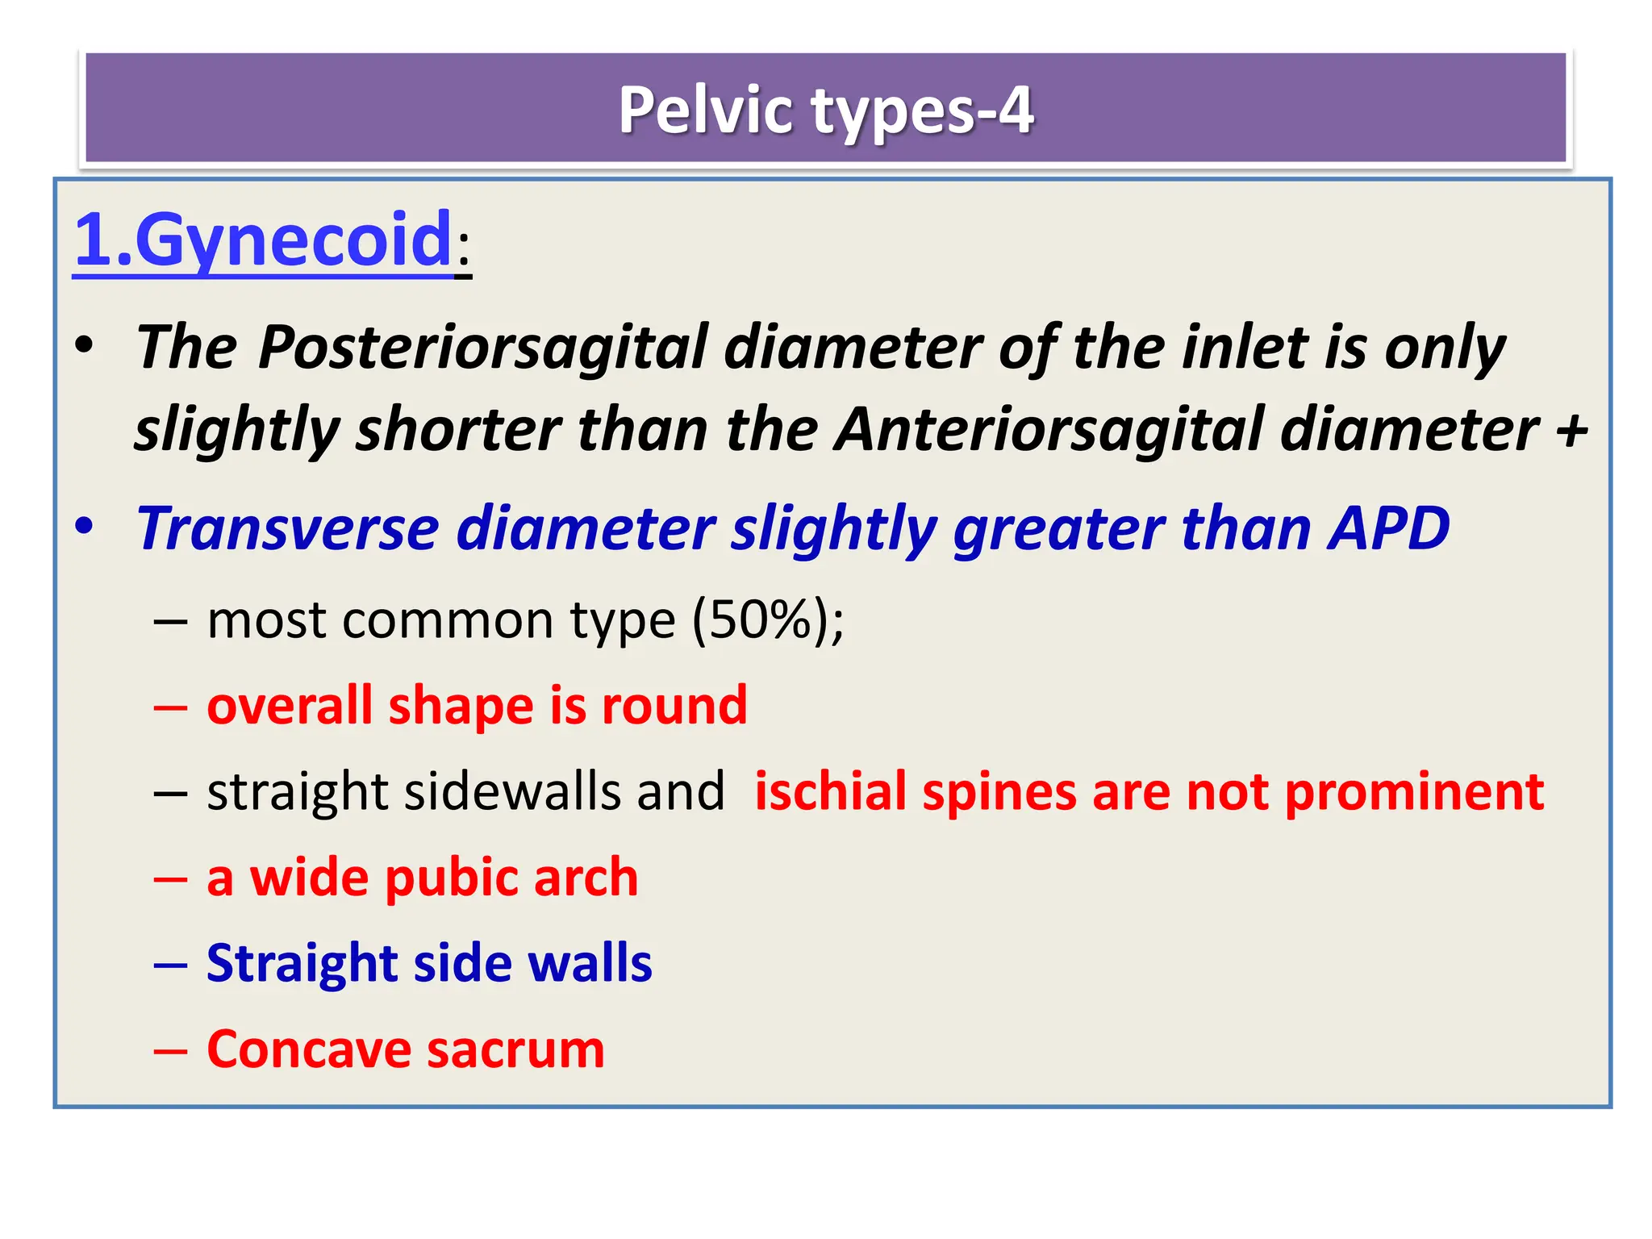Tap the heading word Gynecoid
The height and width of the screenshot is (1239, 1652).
[x=293, y=240]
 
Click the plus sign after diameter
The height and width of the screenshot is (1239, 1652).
[x=1572, y=431]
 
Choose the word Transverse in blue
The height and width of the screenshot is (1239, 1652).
[x=287, y=529]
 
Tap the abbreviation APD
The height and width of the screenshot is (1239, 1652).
[x=1389, y=529]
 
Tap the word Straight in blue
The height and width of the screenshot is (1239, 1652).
[x=302, y=964]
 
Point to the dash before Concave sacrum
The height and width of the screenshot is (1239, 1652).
[x=170, y=1051]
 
